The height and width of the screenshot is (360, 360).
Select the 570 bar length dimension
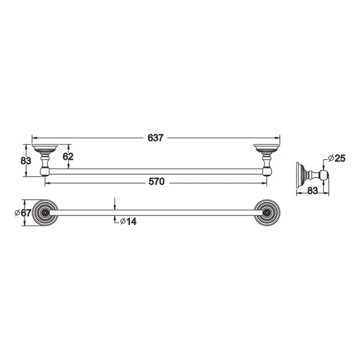point(156,183)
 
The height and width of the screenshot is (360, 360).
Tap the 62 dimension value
point(69,157)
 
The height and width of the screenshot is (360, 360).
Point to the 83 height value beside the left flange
point(26,160)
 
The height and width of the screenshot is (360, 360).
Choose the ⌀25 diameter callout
point(337,158)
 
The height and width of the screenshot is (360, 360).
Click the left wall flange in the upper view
point(45,150)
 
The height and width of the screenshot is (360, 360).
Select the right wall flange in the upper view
point(267,150)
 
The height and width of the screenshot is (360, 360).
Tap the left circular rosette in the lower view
point(45,213)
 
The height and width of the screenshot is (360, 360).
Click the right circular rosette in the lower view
point(267,213)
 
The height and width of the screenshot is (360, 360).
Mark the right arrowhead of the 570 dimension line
point(265,183)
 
